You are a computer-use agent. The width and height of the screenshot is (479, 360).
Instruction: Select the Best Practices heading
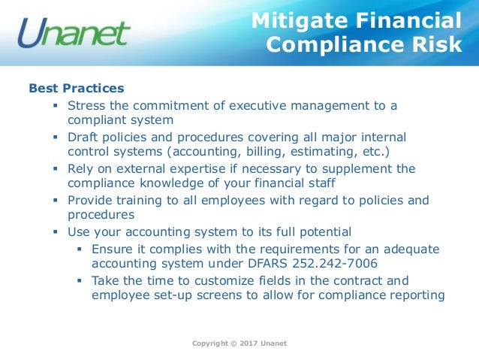click(77, 89)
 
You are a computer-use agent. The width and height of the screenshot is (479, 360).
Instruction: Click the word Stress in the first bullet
click(86, 105)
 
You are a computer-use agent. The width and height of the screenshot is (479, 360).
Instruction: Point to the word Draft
click(83, 137)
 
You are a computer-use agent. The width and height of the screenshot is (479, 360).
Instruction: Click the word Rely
click(81, 168)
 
